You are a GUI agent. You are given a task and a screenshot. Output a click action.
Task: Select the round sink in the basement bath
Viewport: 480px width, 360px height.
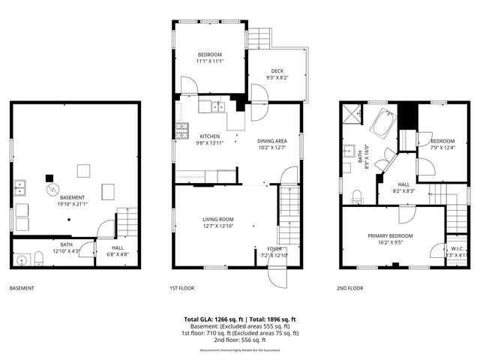click(21, 260)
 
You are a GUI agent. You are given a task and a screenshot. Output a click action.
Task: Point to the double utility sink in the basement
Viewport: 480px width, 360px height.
click(21, 187)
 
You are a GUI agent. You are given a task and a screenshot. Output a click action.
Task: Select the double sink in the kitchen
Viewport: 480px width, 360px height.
click(218, 106)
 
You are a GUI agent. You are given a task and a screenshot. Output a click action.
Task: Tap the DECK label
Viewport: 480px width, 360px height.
click(277, 71)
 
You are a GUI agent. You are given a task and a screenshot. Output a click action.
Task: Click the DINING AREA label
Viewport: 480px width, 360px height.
click(272, 141)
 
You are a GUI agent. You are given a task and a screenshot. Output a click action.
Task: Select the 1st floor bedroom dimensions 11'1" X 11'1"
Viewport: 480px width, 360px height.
click(210, 61)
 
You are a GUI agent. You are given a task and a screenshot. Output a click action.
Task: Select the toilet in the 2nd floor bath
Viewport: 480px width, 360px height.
click(356, 196)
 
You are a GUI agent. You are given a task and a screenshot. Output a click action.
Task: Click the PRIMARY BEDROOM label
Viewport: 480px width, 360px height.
click(390, 235)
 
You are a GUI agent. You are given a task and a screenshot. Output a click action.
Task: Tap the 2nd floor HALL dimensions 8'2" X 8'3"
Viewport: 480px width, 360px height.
click(403, 190)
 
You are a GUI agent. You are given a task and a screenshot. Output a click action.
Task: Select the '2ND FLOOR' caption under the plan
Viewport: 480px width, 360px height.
click(350, 288)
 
